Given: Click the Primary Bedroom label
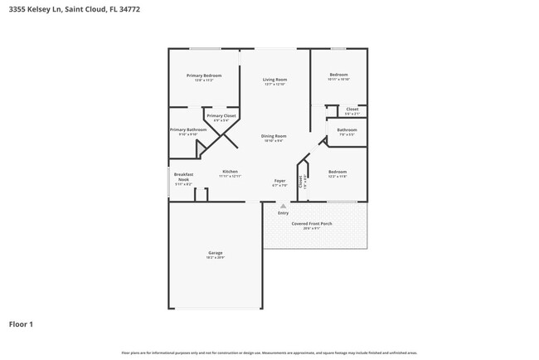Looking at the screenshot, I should tap(204, 75).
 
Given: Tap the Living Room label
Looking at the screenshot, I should tap(274, 80).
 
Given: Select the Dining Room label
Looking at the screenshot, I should tap(274, 136).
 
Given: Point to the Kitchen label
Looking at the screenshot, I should tap(230, 172).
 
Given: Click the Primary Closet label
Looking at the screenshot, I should tap(221, 115).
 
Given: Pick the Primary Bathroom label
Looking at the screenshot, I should tap(188, 129).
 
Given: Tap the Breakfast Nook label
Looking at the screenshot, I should tap(183, 177).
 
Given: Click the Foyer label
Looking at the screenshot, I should tap(280, 180).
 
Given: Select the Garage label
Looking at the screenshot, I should tap(215, 253).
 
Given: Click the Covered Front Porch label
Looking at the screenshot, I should tap(311, 224).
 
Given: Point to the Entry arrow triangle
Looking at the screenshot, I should tap(283, 206).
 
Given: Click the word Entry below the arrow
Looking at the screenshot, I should tap(283, 213).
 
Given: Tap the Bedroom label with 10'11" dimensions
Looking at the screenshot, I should tap(338, 74).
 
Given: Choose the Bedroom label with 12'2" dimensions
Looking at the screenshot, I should tap(337, 172).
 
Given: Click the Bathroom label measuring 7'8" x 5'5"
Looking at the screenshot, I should tap(347, 130).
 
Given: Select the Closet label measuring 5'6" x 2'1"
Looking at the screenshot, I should tap(352, 109).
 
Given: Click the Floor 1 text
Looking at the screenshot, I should tap(21, 324).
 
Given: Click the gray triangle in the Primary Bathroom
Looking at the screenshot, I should tap(199, 149).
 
